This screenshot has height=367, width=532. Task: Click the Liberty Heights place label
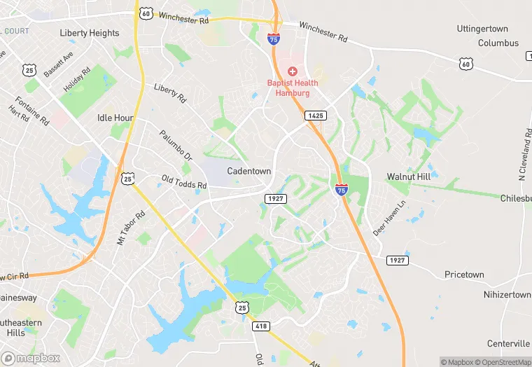[90, 33]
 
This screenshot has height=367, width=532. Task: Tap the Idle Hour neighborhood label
[115, 118]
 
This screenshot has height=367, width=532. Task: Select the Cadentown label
[248, 171]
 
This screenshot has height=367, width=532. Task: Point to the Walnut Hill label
[408, 176]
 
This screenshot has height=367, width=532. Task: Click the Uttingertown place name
[502, 29]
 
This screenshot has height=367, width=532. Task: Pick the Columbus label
[498, 43]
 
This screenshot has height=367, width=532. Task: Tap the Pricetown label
[464, 275]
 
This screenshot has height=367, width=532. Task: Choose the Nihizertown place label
[507, 295]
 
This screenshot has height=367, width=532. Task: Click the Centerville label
[507, 343]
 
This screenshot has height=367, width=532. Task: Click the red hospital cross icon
[293, 71]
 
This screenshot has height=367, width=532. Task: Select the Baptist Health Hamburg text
[293, 88]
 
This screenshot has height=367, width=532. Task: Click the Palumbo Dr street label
[175, 146]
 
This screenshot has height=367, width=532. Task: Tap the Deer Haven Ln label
[389, 219]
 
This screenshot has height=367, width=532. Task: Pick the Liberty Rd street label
[170, 92]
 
